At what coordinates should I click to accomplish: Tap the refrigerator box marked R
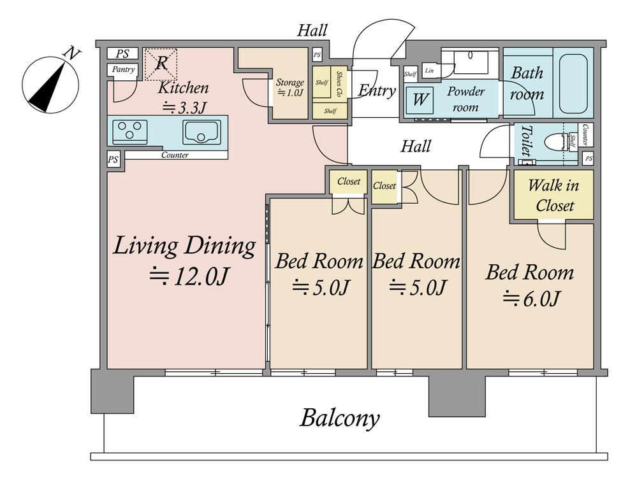click(161, 64)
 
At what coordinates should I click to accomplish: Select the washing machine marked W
click(420, 99)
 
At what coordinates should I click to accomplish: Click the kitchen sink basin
click(201, 132)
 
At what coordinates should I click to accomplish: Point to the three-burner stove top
click(129, 131)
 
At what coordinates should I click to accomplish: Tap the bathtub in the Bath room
click(573, 83)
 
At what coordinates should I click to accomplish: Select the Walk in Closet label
click(554, 196)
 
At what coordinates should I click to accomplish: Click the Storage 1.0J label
click(290, 87)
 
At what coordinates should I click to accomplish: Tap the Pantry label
click(123, 69)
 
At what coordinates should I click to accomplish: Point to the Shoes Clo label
click(339, 84)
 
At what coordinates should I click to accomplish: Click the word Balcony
click(340, 418)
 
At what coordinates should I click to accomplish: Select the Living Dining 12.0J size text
click(189, 277)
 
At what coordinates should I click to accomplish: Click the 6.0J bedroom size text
click(532, 299)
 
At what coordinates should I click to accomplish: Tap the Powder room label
click(465, 99)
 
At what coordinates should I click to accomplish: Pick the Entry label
click(377, 90)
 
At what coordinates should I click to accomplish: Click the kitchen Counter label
click(175, 155)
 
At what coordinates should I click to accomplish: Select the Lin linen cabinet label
click(429, 71)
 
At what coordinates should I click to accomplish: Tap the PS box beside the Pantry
click(122, 53)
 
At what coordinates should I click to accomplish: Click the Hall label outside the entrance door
click(312, 31)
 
